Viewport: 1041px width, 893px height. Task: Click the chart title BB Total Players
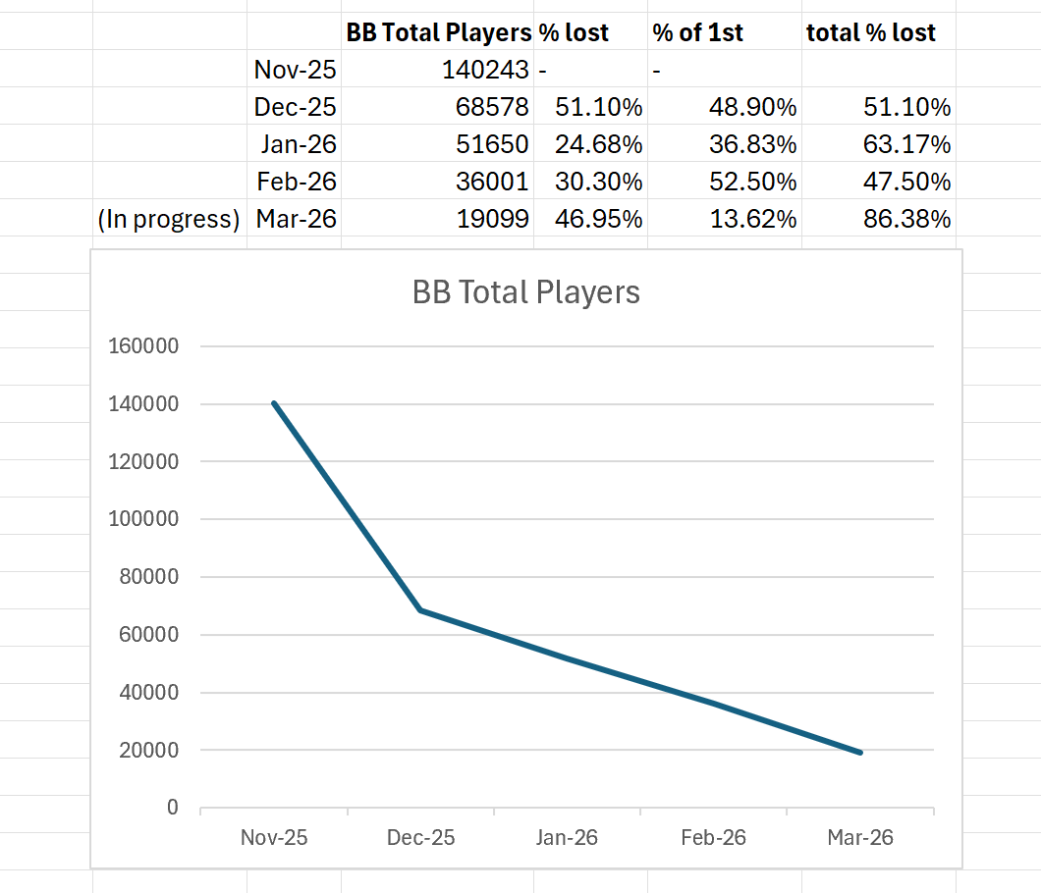525,291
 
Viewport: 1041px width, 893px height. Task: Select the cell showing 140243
484,70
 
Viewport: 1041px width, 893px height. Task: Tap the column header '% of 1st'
697,32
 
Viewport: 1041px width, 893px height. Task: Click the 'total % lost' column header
870,32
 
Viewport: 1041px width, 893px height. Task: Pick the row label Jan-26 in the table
299,144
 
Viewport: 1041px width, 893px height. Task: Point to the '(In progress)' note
169,219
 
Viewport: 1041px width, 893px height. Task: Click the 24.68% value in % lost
599,144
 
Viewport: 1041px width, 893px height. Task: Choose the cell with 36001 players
492,182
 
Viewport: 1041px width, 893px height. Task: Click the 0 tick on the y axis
173,808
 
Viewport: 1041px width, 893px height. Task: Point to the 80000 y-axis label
148,577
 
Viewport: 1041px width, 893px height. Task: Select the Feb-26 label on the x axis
713,838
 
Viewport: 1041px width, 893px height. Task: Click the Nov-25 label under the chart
274,838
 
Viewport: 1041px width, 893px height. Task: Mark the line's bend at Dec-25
420,610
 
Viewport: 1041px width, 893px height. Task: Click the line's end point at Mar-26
860,753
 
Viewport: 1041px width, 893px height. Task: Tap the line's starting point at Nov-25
274,403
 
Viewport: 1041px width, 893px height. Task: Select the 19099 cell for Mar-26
492,219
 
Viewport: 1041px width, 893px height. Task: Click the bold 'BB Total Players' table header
438,32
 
